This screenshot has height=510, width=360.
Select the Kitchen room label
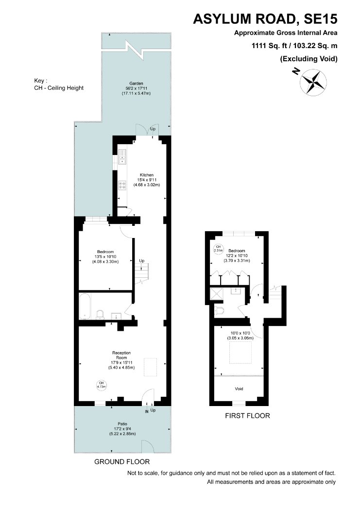coord(147,175)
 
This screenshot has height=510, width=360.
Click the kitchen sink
coord(122,157)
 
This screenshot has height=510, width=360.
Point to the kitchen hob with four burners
coord(122,185)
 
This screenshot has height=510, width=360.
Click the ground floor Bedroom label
coord(105,252)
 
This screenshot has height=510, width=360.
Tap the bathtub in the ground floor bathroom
coord(85,306)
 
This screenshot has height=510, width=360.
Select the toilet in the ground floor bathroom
coord(101,314)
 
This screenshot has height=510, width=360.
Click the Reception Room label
coord(121,355)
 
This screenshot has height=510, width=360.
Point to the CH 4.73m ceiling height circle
coord(102,385)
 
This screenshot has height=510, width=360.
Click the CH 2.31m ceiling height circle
coord(218,249)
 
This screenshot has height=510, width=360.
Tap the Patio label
coord(122,424)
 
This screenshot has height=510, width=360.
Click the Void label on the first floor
coord(239,389)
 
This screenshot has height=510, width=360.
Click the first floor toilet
coord(219,310)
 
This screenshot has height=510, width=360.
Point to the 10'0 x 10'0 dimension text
coord(240,333)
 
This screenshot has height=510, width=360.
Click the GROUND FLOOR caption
coord(122,461)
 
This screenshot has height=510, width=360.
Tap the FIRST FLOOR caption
coord(247,416)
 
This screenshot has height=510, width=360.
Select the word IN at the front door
coord(146,411)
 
